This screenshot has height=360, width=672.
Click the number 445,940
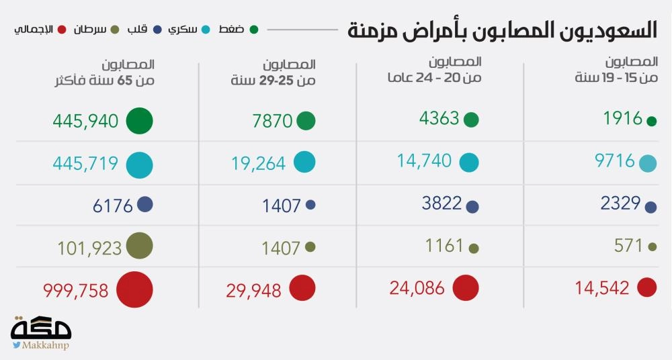pyautogui.click(x=85, y=122)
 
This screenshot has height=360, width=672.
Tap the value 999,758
pyautogui.click(x=76, y=290)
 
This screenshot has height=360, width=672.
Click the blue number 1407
pyautogui.click(x=282, y=206)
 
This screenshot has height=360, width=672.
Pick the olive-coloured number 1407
pyautogui.click(x=282, y=247)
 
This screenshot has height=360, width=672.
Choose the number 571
pyautogui.click(x=628, y=246)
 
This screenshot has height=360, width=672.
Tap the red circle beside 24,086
pyautogui.click(x=465, y=288)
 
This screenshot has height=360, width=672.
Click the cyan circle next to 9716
pyautogui.click(x=648, y=163)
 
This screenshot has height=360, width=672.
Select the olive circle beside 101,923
pyautogui.click(x=138, y=246)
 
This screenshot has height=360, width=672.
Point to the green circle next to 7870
pyautogui.click(x=306, y=121)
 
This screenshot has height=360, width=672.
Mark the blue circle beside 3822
pyautogui.click(x=472, y=208)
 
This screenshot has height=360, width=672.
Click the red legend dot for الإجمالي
pyautogui.click(x=62, y=29)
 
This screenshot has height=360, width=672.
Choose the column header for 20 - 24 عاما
pyautogui.click(x=434, y=71)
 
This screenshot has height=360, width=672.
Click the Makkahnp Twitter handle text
pyautogui.click(x=46, y=345)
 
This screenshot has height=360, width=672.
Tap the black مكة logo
pyautogui.click(x=42, y=327)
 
